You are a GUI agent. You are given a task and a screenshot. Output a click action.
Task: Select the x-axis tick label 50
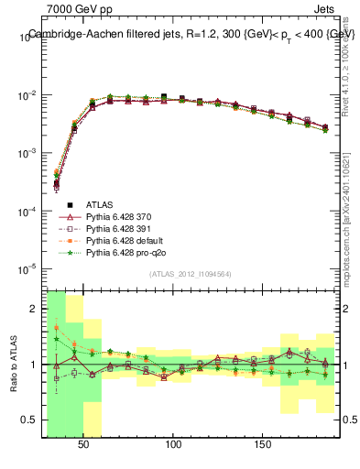click(83, 444)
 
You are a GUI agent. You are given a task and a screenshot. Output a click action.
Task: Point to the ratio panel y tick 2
click(35, 309)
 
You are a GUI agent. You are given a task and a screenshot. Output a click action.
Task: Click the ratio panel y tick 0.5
click(31, 420)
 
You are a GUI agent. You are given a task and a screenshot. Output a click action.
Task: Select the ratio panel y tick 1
click(35, 365)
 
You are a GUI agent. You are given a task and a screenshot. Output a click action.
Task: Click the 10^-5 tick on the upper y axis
click(27, 269)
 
